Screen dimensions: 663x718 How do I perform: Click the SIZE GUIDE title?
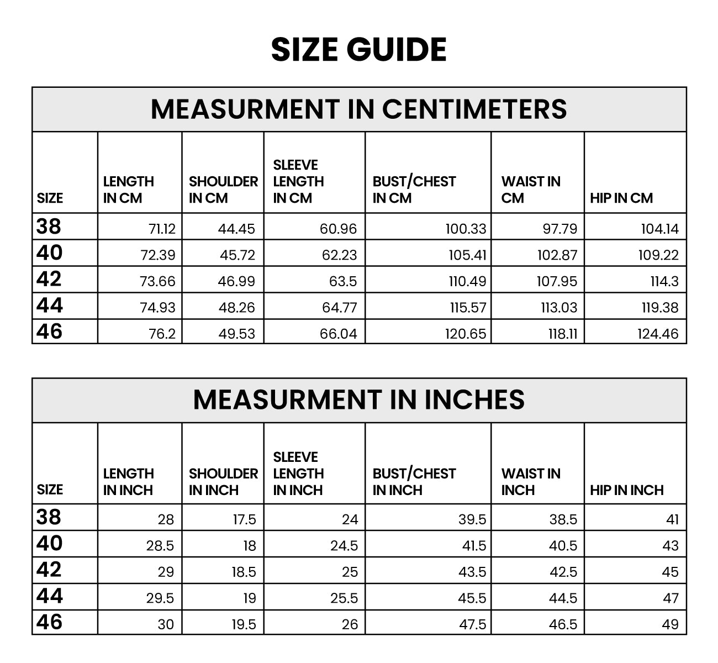(358, 49)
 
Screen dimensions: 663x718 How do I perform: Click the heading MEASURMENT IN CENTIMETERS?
(358, 109)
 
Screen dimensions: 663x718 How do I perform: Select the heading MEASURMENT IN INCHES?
(358, 399)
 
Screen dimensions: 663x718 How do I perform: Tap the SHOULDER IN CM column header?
(223, 190)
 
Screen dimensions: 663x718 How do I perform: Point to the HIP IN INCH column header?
(626, 490)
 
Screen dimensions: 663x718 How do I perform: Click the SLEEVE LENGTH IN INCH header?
(298, 473)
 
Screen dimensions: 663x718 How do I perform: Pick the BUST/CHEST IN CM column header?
(414, 190)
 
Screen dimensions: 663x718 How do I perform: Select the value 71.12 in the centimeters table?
(162, 229)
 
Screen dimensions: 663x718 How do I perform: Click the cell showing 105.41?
(467, 255)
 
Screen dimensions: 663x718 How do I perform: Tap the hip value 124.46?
(658, 334)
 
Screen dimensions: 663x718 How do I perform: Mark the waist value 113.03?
(559, 308)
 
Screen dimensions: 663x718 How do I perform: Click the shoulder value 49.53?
(236, 334)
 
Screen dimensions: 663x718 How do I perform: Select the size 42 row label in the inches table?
(49, 570)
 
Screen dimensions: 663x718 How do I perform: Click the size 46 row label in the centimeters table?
(49, 331)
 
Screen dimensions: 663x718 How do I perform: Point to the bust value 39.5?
(472, 519)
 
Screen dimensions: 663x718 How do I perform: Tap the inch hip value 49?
(670, 624)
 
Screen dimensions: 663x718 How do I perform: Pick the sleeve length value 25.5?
(344, 598)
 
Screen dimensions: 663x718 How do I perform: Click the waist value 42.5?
(563, 572)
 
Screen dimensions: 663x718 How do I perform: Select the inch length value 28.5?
(160, 546)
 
